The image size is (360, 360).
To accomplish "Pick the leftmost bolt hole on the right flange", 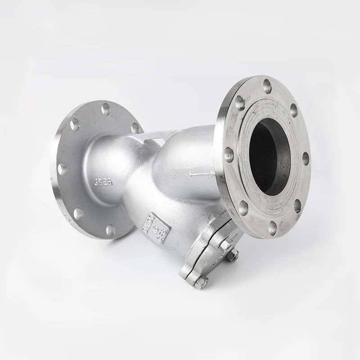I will pos(229,155).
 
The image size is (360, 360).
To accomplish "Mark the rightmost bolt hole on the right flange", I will pos(306,158).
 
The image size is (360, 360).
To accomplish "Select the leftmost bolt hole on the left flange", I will pos(62,169).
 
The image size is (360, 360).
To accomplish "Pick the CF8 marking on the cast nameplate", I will pos(162,234).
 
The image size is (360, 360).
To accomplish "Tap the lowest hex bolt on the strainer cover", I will pos(201,282).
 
